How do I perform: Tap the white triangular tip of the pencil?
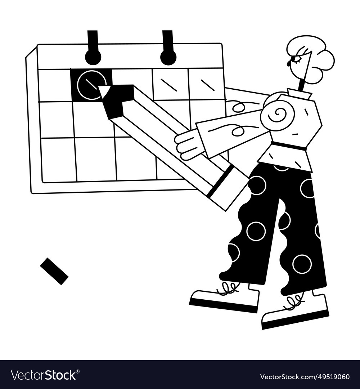[104, 91]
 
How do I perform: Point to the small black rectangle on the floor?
[54, 271]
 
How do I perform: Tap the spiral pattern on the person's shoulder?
[278, 115]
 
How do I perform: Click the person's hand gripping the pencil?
[186, 144]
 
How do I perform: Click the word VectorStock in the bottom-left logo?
[43, 375]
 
